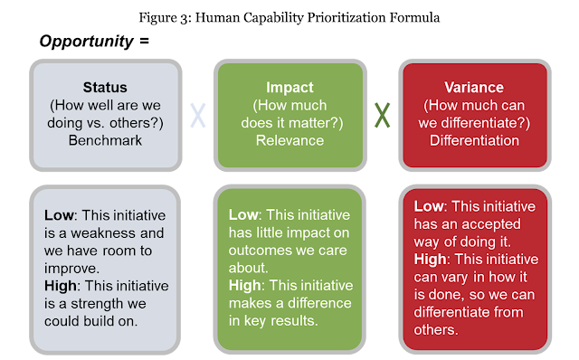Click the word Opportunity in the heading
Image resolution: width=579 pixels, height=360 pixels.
tap(88, 41)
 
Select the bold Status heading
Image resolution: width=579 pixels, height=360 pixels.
tap(104, 88)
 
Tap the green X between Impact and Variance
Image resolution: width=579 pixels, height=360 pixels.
tap(382, 116)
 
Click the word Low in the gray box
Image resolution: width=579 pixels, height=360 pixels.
tap(59, 217)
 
